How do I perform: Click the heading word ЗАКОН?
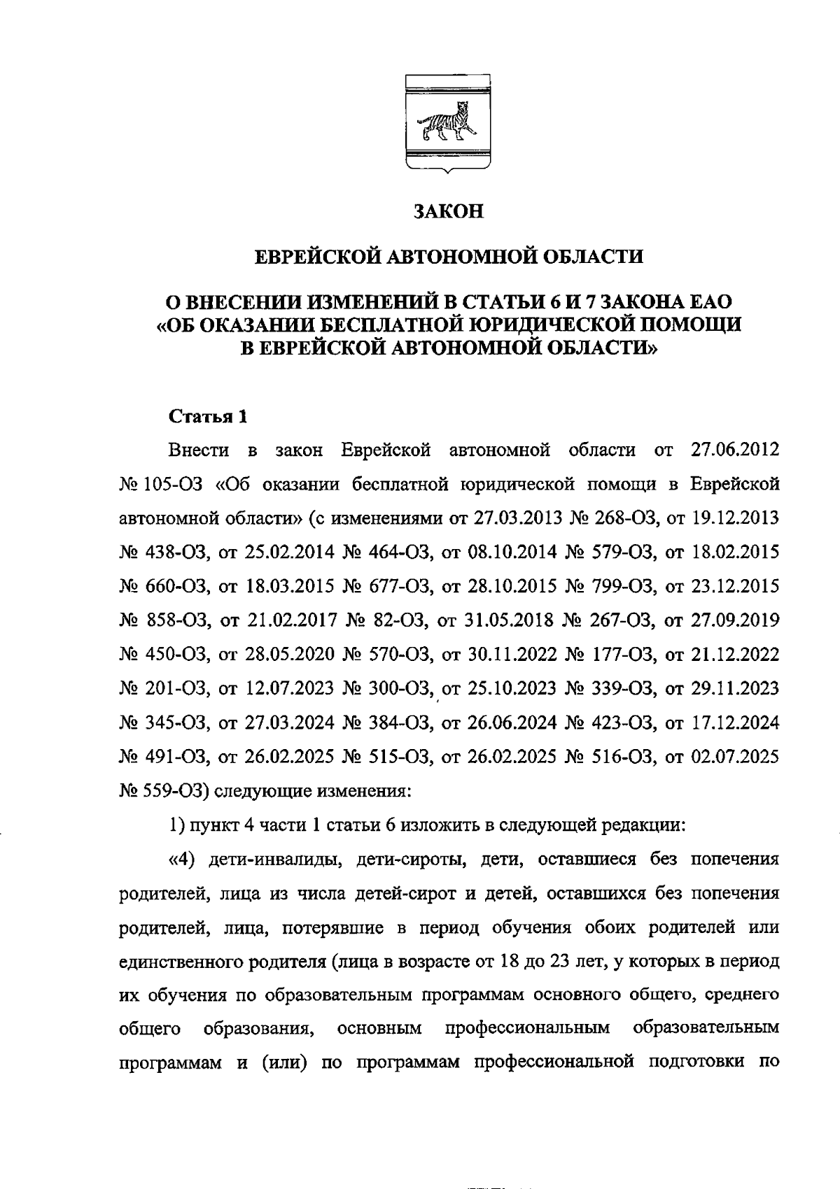tap(448, 211)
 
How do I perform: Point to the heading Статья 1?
tap(209, 417)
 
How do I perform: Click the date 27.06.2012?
tap(735, 449)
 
